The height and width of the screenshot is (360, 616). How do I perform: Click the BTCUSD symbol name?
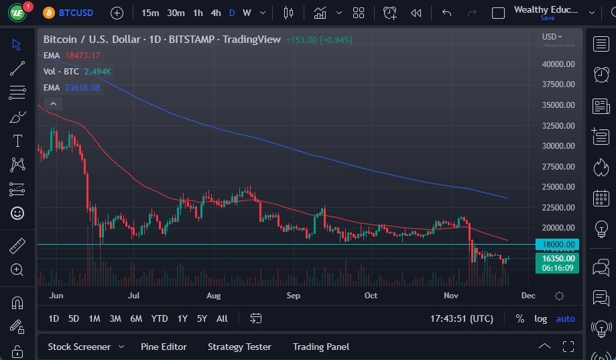tap(76, 13)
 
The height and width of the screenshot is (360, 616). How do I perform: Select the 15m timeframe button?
tap(150, 13)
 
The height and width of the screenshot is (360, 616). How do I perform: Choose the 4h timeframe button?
tap(215, 13)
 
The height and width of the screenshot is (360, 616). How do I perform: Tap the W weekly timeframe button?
tap(247, 13)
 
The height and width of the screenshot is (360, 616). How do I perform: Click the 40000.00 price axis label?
tap(558, 64)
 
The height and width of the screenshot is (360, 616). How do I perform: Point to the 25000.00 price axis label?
tap(558, 187)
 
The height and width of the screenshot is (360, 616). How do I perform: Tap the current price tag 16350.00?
tap(558, 258)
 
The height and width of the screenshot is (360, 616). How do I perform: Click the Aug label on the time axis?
tap(213, 296)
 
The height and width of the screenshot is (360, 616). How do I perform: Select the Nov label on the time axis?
tap(450, 296)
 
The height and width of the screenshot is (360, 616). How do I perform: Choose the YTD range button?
tap(159, 318)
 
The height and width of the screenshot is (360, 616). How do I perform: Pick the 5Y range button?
tap(202, 318)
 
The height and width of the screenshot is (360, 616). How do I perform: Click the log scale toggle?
tap(540, 318)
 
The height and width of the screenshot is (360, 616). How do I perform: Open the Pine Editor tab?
tap(164, 347)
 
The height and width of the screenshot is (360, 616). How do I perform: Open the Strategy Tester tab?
tap(239, 347)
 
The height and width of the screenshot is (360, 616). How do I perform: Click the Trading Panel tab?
tap(321, 347)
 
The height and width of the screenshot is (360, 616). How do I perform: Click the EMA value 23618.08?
tap(82, 87)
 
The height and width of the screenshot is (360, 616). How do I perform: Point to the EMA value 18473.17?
tap(82, 55)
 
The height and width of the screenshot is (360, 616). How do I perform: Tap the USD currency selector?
tap(552, 36)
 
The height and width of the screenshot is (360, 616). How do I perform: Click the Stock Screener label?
tap(79, 347)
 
